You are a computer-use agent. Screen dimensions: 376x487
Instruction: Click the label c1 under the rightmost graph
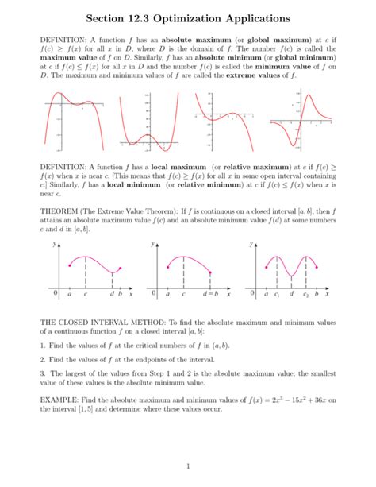coord(276,296)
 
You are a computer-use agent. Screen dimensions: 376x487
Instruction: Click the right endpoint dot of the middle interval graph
coord(210,272)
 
